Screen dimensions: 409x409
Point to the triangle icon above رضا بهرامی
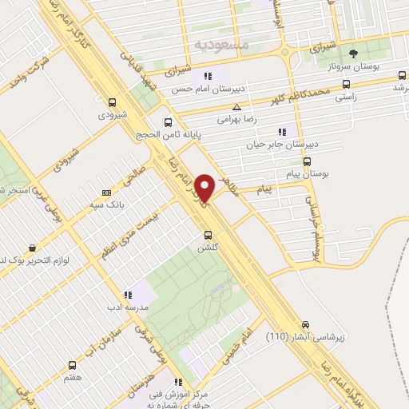click(236, 107)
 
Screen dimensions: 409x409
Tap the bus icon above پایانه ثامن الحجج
click(167, 122)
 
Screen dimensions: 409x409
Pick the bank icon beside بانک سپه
click(107, 193)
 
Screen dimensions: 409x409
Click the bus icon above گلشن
click(208, 235)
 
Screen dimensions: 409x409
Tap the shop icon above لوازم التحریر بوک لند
click(31, 248)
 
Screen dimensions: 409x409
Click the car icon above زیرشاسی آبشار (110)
click(305, 324)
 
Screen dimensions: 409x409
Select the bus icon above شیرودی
click(111, 101)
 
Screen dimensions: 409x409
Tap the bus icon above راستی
click(346, 82)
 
